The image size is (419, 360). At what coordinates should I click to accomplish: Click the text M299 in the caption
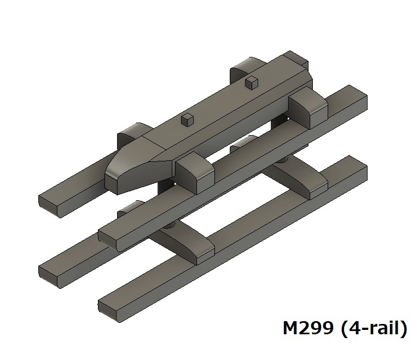click(308, 329)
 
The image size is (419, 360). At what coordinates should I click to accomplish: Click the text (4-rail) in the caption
click(374, 329)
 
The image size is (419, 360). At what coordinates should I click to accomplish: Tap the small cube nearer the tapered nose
click(187, 120)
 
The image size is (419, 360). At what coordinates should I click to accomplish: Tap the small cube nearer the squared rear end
click(251, 83)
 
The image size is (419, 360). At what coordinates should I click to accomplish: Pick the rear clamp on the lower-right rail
click(312, 186)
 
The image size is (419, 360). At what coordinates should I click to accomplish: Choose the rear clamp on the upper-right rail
click(309, 109)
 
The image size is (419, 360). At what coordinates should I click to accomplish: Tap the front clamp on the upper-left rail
click(130, 133)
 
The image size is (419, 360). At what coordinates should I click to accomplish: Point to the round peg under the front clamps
click(170, 225)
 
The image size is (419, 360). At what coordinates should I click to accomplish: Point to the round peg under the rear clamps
click(282, 162)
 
